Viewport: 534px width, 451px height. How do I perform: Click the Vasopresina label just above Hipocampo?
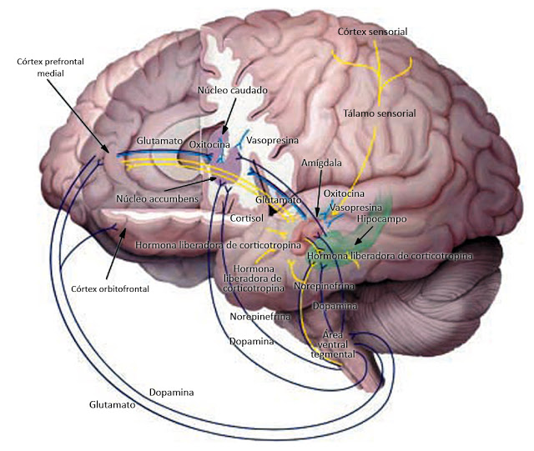351,206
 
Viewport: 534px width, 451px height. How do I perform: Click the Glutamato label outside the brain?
113,403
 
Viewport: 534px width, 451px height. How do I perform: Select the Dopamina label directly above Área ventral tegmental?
336,306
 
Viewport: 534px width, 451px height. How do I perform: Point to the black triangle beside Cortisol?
271,213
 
